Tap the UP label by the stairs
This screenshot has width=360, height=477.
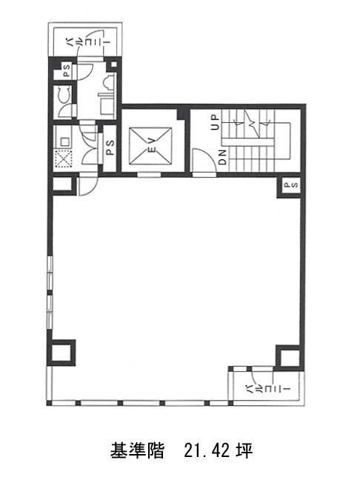click(x=215, y=122)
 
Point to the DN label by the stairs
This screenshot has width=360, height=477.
click(x=222, y=157)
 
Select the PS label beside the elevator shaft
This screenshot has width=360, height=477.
click(x=110, y=147)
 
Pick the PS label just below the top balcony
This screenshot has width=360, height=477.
click(x=67, y=70)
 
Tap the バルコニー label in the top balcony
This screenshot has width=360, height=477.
click(x=88, y=41)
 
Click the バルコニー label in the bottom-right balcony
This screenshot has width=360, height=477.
click(x=268, y=389)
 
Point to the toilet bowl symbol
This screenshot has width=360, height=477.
click(x=64, y=94)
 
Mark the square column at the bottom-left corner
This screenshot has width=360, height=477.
click(x=61, y=353)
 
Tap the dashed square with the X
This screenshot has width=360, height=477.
click(x=63, y=159)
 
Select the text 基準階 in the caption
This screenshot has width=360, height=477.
click(x=137, y=450)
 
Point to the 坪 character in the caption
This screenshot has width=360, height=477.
click(x=245, y=450)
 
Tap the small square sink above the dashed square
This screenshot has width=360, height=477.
click(x=64, y=141)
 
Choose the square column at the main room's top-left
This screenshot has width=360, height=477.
click(x=63, y=184)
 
